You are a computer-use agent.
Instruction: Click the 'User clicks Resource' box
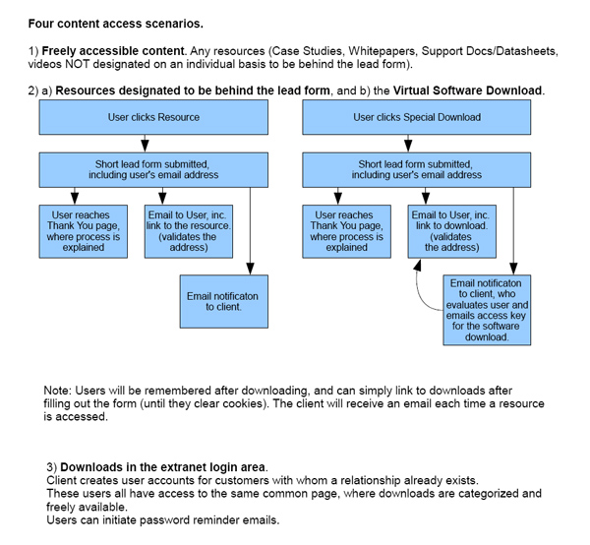[x=153, y=117]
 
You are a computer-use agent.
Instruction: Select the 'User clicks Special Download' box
[x=417, y=117]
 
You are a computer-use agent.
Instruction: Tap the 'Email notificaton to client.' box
[x=224, y=301]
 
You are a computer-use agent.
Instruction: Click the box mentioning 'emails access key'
[x=487, y=310]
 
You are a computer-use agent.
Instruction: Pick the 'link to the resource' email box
[x=189, y=231]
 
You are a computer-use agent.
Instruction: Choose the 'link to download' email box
[x=452, y=231]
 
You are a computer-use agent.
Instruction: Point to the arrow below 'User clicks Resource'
[x=145, y=144]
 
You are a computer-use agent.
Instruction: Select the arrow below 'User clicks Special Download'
[x=408, y=144]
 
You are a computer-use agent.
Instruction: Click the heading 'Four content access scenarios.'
[x=115, y=24]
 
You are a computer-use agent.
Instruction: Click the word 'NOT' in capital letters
[x=77, y=64]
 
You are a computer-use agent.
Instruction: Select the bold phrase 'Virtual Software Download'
[x=467, y=91]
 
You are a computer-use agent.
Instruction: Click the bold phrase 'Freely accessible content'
[x=113, y=51]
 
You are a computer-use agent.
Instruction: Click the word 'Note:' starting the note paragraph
[x=58, y=391]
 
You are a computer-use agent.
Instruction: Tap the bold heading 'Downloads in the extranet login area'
[x=162, y=467]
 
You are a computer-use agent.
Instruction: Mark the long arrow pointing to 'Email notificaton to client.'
[x=250, y=231]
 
